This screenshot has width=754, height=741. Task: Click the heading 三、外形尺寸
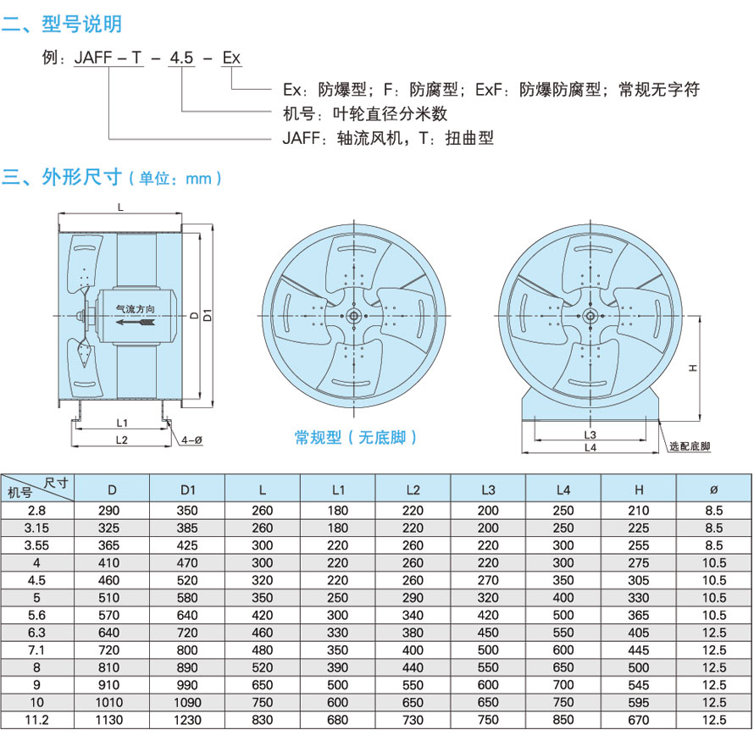64,177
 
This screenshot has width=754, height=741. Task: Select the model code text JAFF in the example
91,58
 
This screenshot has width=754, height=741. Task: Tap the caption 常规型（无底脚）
356,437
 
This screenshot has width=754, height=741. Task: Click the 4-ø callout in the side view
191,440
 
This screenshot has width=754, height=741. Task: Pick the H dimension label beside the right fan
692,368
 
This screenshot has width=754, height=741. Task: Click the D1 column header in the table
187,489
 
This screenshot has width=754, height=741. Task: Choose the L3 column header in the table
488,489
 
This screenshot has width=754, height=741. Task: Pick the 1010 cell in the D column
112,702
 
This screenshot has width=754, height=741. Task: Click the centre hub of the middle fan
352,315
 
